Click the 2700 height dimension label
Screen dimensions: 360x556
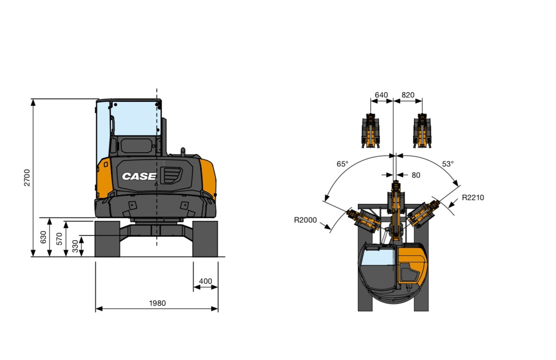coord(27,178)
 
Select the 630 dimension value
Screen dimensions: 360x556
coord(44,238)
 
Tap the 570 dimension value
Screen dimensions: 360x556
coord(60,239)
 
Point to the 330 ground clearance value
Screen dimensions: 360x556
coord(75,246)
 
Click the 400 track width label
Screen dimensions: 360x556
coord(205,281)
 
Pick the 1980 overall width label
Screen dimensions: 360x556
coord(157,303)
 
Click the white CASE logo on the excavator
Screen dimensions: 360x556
coord(139,176)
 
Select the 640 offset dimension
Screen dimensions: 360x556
coord(381,95)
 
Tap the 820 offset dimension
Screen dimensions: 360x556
coord(408,95)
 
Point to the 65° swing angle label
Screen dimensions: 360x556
coord(342,164)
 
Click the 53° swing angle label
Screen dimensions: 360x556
coord(448,164)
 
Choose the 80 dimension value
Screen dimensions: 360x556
coord(415,175)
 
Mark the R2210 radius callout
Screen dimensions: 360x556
coord(473,198)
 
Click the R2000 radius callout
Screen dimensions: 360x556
coord(305,220)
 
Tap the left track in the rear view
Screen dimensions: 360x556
coord(107,239)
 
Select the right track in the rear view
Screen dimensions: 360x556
coord(205,239)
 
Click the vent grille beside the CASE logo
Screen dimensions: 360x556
coord(171,175)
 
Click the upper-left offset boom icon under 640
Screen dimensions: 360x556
coord(370,131)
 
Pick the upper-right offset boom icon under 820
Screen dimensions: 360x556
coord(422,131)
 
